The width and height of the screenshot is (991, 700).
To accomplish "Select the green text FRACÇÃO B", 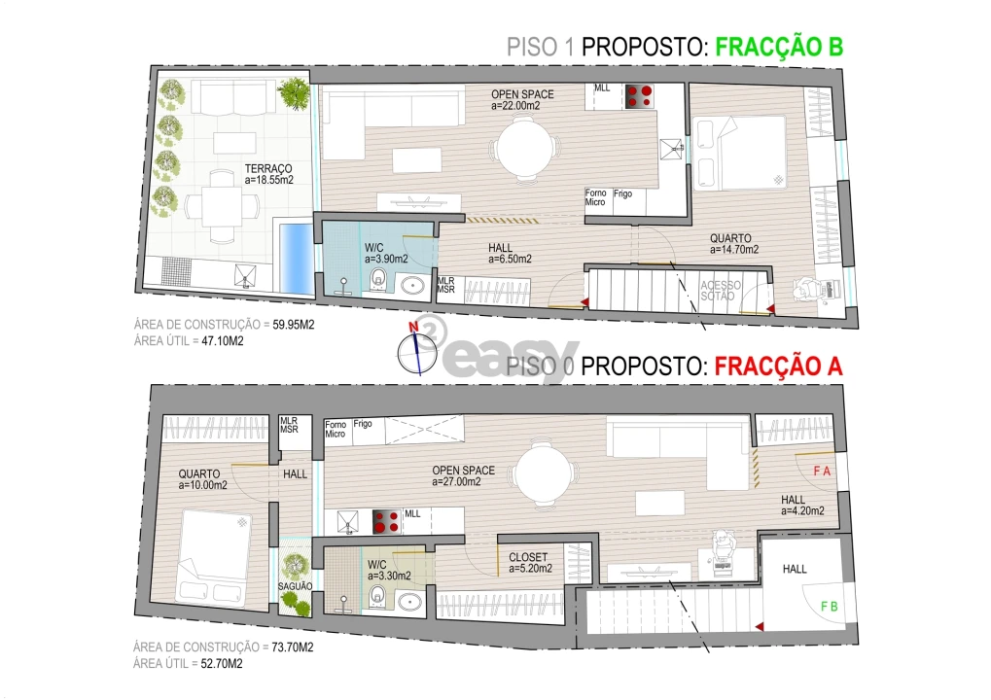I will [x=778, y=47].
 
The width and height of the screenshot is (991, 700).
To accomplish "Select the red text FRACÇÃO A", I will [x=778, y=367].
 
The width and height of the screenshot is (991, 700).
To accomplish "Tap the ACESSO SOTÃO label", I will [x=721, y=291].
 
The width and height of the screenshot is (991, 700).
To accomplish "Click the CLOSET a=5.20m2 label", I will [x=530, y=563].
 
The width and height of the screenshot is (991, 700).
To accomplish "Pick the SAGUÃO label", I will [x=295, y=586].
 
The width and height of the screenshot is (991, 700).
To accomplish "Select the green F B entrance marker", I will [x=830, y=607].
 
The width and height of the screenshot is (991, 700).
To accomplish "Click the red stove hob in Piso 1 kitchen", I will [x=639, y=95].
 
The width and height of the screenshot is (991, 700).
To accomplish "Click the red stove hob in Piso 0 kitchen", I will [x=387, y=521].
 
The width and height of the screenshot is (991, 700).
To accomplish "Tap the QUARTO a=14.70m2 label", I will [x=735, y=243].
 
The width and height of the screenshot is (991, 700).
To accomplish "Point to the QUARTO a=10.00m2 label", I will [x=202, y=479].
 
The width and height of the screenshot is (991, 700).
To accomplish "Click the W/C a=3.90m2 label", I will [x=385, y=253].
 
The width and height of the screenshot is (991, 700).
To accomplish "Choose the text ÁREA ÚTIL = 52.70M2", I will [x=188, y=665].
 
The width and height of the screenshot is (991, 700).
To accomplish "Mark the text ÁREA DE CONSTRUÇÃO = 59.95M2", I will [x=223, y=324].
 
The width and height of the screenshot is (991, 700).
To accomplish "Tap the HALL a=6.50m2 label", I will [x=510, y=253].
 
